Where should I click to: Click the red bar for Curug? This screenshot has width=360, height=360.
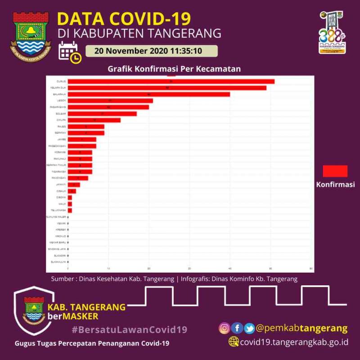point(171,81)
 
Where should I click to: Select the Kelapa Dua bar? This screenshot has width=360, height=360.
point(167,88)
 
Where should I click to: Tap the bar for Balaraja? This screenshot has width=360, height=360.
point(148,94)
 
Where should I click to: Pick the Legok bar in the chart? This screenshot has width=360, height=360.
point(110,101)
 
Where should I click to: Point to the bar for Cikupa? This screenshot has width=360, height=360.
point(94,120)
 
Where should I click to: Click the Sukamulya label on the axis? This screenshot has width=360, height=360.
point(59,261)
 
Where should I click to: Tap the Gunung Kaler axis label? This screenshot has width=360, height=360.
point(57,217)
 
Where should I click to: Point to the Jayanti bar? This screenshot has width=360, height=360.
point(74,184)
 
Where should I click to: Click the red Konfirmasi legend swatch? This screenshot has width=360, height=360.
point(335,171)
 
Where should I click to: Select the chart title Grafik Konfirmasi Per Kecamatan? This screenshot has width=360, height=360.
point(174,69)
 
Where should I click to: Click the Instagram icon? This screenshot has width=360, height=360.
point(224,328)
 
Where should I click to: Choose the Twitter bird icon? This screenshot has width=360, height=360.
point(249,328)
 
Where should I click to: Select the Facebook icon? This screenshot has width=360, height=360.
point(237,328)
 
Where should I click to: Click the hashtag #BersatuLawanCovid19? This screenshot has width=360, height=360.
point(129,329)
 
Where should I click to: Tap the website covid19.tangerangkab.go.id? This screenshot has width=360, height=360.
point(294,342)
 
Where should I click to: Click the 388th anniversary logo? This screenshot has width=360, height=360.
point(332,32)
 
